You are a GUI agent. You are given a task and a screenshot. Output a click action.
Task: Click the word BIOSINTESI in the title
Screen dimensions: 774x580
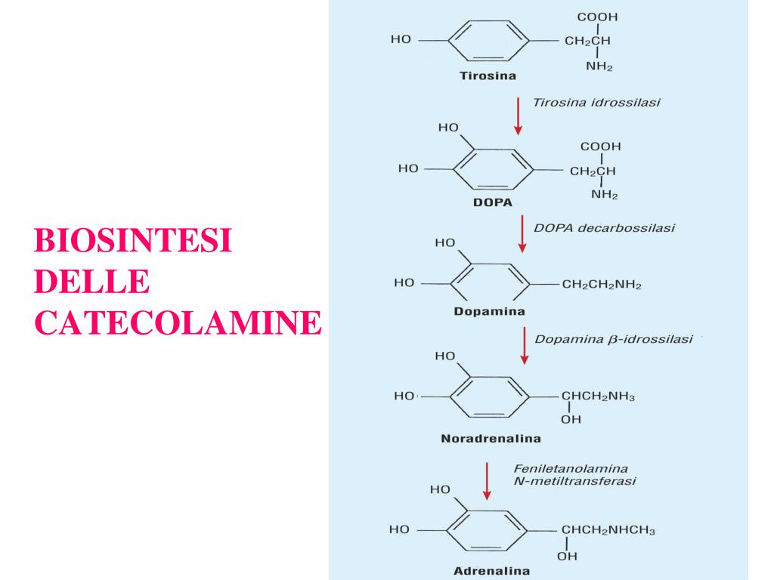point(133,240)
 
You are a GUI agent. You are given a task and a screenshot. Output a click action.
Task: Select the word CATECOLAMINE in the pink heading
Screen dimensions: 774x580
point(178,322)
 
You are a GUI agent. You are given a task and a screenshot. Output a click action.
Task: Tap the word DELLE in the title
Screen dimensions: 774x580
point(91,282)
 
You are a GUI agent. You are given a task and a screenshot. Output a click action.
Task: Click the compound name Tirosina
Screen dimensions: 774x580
point(488,76)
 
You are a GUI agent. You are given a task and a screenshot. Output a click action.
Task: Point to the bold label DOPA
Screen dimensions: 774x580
point(493,202)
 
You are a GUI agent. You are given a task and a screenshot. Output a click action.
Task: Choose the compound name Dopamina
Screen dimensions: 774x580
point(489,311)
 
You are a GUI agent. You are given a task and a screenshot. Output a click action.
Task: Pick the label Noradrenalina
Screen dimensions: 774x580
point(491,439)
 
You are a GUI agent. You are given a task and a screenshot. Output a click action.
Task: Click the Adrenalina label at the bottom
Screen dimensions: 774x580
point(491,571)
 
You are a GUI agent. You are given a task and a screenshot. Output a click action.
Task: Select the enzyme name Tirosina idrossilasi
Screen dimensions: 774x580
point(596,103)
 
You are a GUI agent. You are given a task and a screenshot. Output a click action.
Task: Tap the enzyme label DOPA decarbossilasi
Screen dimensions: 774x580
point(604,228)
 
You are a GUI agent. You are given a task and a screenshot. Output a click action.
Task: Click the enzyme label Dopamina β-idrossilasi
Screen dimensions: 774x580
point(614,339)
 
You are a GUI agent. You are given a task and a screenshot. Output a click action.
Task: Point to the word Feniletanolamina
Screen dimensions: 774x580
point(571,468)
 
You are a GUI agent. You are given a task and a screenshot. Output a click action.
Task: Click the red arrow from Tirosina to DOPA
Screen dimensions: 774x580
point(518,116)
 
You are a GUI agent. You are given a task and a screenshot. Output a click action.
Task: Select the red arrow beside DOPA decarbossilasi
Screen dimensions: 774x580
point(522,234)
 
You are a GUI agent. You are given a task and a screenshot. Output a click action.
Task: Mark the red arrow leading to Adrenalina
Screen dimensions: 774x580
point(487,481)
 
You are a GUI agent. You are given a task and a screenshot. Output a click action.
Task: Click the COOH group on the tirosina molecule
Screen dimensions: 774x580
point(597,17)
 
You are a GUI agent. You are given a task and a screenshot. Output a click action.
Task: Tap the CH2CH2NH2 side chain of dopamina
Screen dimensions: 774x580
point(602,285)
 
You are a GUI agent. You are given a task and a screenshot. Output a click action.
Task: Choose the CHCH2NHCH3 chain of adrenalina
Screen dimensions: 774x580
point(608,530)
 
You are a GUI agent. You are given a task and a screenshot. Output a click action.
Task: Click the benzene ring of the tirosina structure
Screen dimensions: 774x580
point(488,41)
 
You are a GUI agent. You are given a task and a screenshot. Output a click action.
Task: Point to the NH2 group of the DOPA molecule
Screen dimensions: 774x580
point(604,194)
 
